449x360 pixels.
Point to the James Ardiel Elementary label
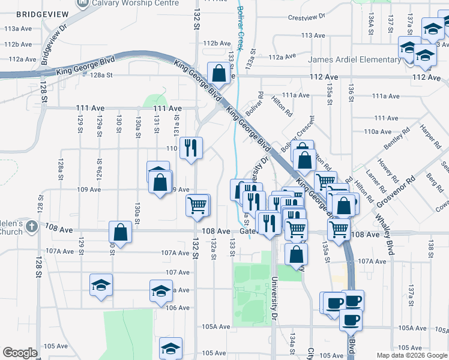coord(354,59)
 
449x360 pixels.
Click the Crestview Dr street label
coord(306,17)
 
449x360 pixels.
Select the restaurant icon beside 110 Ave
coord(191,148)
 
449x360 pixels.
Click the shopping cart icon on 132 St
coord(197,206)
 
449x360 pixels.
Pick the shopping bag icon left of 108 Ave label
coord(120,233)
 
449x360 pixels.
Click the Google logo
coord(20,353)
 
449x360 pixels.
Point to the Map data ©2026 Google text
coord(411,355)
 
